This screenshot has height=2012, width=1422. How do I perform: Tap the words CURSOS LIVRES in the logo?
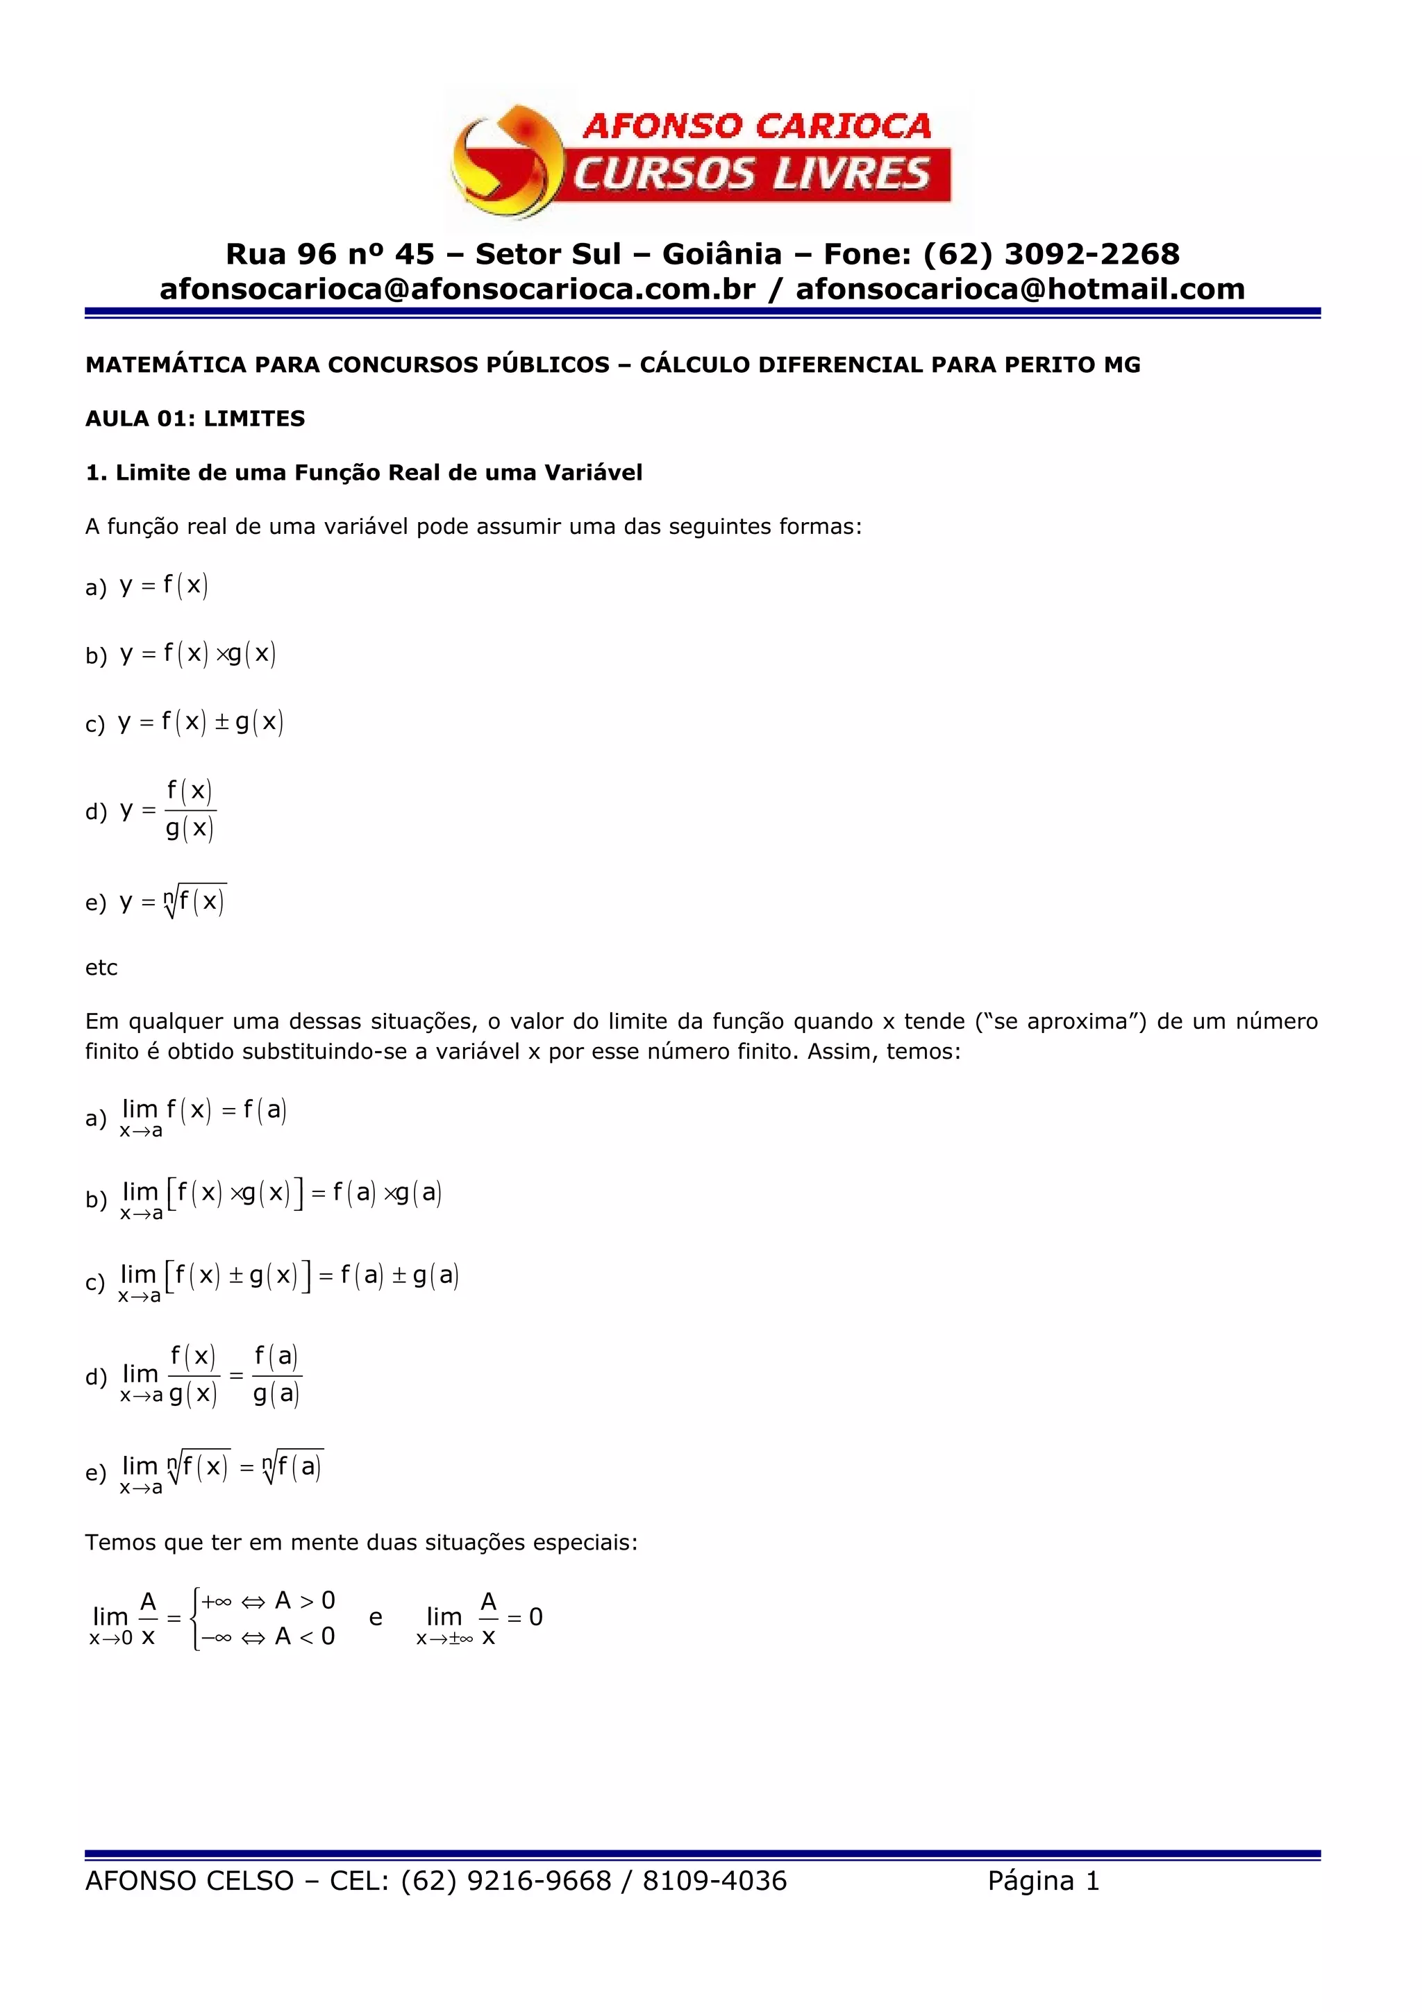[x=752, y=174]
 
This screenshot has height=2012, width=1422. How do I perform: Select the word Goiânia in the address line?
[x=721, y=254]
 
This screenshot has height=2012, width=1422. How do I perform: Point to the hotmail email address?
[x=1020, y=290]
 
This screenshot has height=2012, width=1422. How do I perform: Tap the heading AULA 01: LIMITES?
[x=194, y=419]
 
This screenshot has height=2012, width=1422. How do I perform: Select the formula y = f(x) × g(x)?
[x=198, y=654]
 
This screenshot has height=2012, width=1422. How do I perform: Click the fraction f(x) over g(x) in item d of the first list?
[x=190, y=810]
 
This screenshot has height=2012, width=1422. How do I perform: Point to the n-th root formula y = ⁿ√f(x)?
[x=174, y=902]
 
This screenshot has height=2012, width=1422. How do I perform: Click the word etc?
[x=101, y=967]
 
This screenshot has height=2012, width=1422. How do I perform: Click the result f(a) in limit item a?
[x=265, y=1111]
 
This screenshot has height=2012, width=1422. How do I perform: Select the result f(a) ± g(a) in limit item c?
[x=399, y=1275]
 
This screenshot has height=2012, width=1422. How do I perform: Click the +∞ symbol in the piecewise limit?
[x=217, y=1601]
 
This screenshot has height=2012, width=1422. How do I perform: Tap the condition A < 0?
[x=305, y=1636]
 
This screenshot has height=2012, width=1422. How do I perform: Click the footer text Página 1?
[x=1043, y=1881]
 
